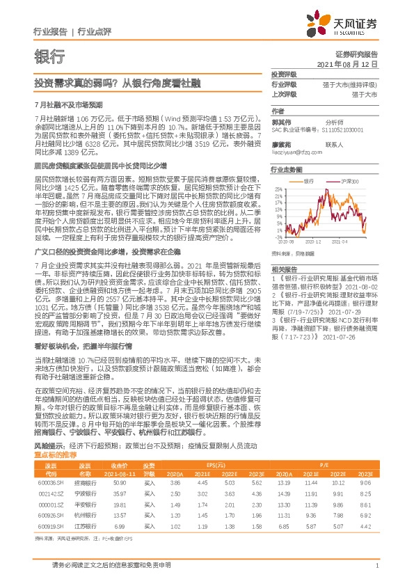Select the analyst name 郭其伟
280,120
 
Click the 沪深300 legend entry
342,180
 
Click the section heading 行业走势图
287,169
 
